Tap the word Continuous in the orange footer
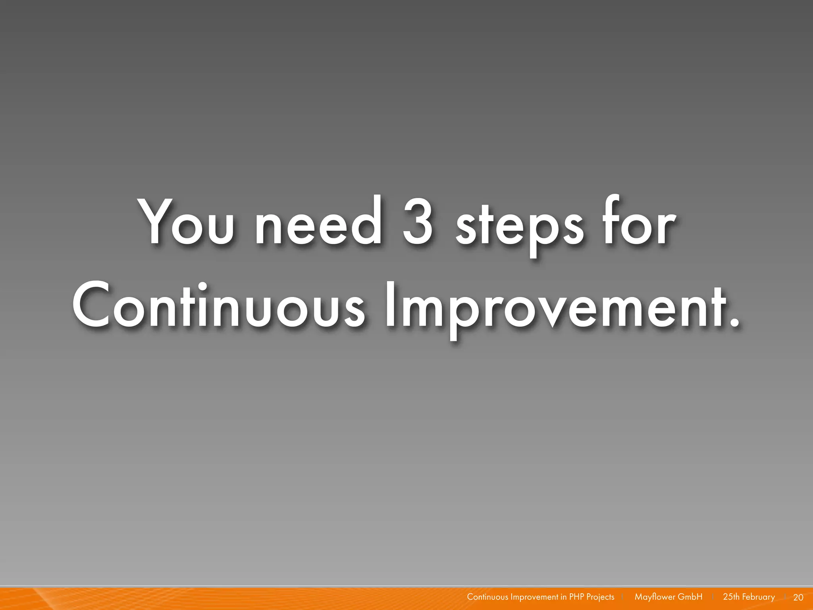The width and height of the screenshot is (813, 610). [487, 597]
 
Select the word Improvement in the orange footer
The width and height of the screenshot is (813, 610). [534, 597]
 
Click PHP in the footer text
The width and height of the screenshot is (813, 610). [576, 597]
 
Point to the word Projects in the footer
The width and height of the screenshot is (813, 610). [600, 597]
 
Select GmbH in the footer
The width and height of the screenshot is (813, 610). [690, 597]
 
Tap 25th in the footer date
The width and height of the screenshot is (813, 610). [731, 597]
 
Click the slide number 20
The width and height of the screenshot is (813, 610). [798, 597]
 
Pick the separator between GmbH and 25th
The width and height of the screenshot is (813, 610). [713, 597]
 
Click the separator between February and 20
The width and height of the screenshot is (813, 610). [785, 597]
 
